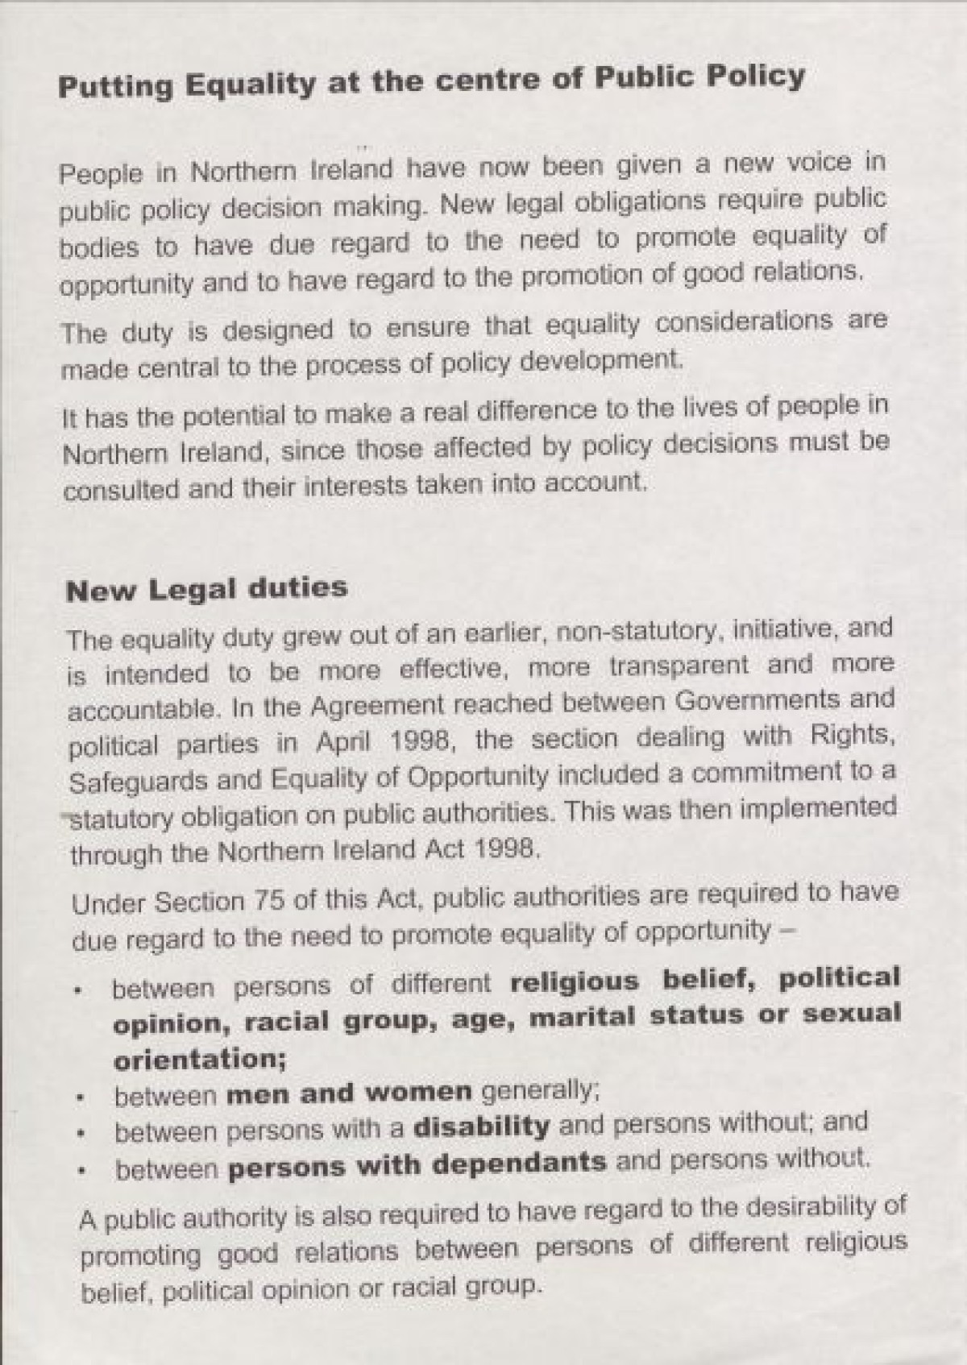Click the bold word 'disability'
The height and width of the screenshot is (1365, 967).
point(480,1126)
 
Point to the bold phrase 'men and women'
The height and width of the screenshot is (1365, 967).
point(348,1093)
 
